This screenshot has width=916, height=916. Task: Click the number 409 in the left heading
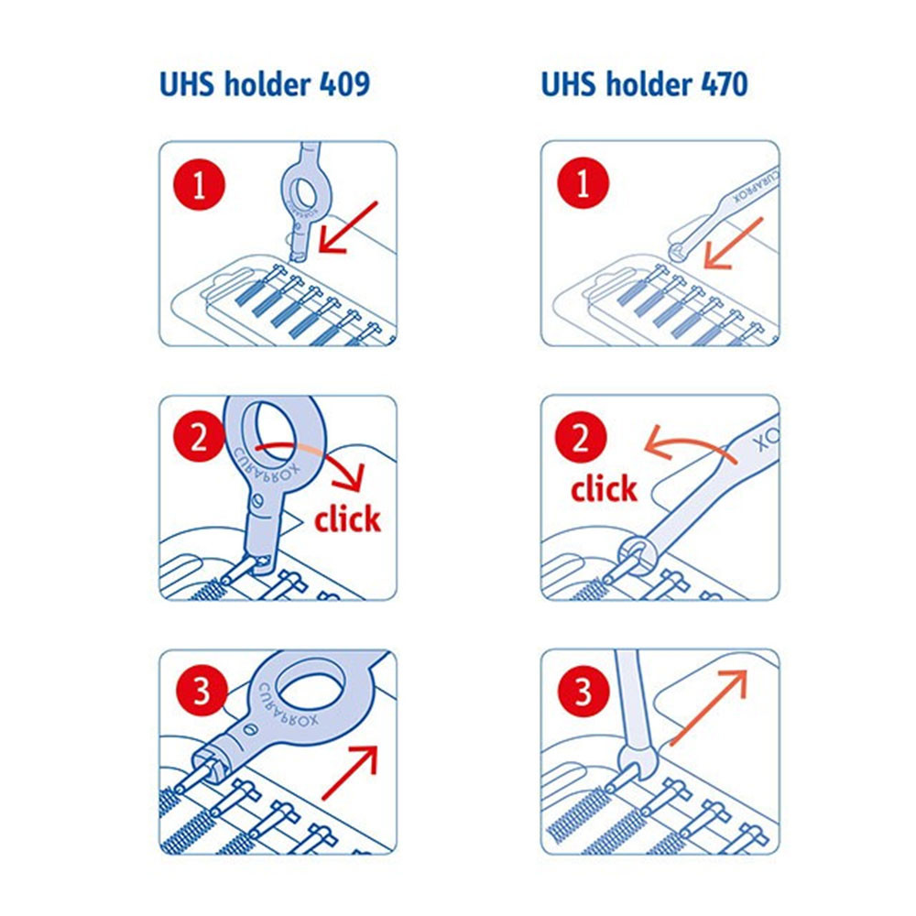pos(344,84)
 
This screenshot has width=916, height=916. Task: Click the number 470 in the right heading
pos(724,84)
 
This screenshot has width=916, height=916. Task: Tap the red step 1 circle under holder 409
pos(199,185)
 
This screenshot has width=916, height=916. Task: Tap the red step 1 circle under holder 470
pos(583,183)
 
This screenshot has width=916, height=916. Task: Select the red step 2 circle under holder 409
pos(199,436)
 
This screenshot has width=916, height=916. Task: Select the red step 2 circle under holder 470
pos(581,437)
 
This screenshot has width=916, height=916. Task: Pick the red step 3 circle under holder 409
pos(202,691)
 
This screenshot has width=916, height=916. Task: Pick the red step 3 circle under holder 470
pos(583,691)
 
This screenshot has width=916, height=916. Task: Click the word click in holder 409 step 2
pos(347,518)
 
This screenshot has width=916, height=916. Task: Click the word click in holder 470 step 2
pos(604,488)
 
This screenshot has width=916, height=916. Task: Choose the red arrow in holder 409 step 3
pos(349,772)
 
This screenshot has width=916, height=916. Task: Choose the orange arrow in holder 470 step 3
pos(708,708)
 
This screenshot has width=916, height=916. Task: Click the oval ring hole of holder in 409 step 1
pos(305,191)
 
